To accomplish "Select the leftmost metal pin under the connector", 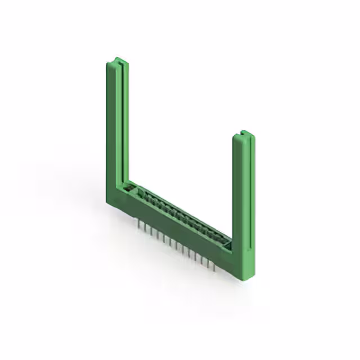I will [139, 224].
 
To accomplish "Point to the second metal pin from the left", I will [145, 227].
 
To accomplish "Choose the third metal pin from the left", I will [151, 231].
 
